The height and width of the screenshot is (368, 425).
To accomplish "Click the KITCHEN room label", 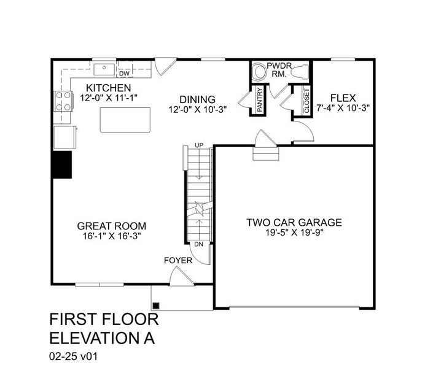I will [x=108, y=88].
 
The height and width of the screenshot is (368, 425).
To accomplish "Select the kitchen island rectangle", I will [x=126, y=120].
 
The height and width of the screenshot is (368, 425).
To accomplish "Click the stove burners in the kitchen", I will [x=62, y=100].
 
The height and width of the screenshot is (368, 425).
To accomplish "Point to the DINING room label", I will [x=197, y=99].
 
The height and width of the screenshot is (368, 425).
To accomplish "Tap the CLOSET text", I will [x=306, y=100].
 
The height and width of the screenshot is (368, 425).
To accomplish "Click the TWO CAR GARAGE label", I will [x=294, y=222].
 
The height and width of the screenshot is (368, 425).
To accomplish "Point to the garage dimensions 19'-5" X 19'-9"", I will [x=294, y=233].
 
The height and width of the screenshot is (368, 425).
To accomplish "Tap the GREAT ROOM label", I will [x=112, y=224].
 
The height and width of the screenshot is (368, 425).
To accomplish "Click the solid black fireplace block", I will [x=61, y=164].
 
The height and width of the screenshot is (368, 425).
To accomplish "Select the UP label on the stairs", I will [x=198, y=145].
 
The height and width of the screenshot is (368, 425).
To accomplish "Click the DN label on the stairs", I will [x=198, y=243].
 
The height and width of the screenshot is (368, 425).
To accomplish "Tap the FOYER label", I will [x=178, y=260].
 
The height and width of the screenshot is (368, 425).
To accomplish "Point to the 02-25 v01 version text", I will [x=74, y=355].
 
